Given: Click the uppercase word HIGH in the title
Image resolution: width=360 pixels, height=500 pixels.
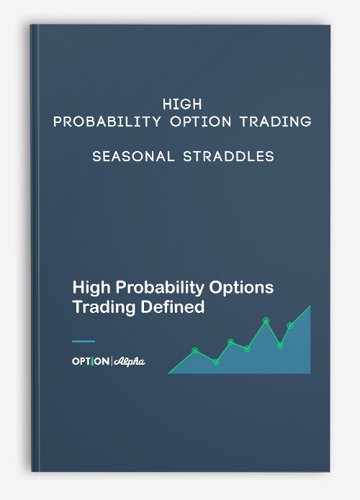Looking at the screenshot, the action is coord(182,104).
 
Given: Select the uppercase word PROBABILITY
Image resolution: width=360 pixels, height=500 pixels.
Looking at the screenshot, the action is coord(107,122).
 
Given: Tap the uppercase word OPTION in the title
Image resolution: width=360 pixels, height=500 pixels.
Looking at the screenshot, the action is coord(200,122).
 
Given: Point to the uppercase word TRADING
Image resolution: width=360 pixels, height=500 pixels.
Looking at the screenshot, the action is coord(276,122).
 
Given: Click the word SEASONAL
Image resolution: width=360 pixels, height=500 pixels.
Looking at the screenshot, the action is coord(133,156).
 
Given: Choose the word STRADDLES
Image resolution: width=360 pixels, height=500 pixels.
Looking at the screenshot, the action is coord(228,156).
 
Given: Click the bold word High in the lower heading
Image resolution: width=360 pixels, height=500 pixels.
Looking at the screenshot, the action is coord(91,288).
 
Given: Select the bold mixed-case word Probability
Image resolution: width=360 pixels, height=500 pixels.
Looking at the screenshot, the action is coord(160,288).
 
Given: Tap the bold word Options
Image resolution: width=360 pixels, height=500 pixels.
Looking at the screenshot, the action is coord(241,288).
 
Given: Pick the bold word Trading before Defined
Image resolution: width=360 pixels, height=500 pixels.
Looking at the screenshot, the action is coord(104,307).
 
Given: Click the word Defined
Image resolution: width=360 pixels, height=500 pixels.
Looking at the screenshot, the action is coord(172,306).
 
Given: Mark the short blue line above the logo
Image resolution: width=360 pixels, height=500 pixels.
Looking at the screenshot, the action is coord(84,342).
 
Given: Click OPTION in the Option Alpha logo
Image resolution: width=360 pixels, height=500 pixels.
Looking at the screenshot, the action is coord(91,361).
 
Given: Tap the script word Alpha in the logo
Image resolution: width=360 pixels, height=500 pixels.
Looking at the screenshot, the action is coord(130,362).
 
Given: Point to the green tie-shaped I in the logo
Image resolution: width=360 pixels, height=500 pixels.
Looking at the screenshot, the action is coord(92,362).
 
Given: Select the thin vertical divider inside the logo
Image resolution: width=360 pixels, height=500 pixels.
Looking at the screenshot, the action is coord(112,361).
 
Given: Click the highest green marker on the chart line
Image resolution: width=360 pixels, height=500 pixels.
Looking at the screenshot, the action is coord(266,320).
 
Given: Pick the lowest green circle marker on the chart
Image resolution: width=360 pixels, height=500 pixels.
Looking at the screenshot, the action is coord(216,362).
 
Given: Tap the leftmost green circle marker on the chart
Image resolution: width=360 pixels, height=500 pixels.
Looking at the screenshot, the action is coord(195,350).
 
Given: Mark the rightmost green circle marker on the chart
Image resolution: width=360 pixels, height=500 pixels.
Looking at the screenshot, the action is coord(289,326).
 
